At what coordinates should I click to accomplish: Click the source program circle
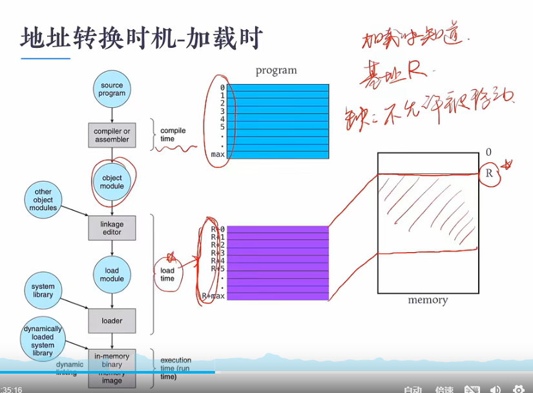tap(112, 89)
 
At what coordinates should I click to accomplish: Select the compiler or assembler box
tap(112, 135)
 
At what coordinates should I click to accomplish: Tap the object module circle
tap(112, 182)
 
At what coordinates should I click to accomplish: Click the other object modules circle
tap(43, 200)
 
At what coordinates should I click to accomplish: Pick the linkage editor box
tap(112, 228)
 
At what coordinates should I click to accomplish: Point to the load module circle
tap(112, 275)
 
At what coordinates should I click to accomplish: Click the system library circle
tap(43, 291)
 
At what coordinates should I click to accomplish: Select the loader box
tap(112, 321)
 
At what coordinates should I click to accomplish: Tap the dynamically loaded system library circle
tap(43, 341)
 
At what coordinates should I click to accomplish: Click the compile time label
tap(172, 134)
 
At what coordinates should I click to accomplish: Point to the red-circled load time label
tap(167, 275)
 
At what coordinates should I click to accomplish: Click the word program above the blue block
tap(276, 70)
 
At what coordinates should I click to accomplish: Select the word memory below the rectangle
tap(428, 301)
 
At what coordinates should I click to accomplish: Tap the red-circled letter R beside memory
tap(489, 174)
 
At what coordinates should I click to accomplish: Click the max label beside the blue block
tap(218, 154)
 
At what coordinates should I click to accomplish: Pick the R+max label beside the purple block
tap(213, 296)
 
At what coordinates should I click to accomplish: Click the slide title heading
tap(141, 38)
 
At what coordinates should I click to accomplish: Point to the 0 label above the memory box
tap(489, 153)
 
